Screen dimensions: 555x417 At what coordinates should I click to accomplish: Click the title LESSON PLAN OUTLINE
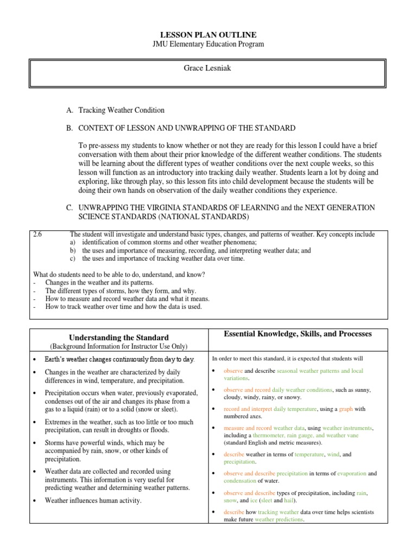tap(208, 35)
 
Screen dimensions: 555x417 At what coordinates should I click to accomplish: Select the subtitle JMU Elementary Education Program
tap(208, 44)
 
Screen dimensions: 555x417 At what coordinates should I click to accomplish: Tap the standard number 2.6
tap(38, 235)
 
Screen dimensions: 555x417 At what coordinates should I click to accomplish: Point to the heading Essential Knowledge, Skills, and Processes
tap(298, 334)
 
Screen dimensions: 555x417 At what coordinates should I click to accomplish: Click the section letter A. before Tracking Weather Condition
tap(69, 110)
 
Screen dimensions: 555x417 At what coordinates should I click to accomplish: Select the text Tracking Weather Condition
tap(122, 110)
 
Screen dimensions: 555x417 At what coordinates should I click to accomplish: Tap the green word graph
tap(346, 409)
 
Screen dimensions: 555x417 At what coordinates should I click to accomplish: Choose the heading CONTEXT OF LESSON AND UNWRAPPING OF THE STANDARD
tap(187, 128)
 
